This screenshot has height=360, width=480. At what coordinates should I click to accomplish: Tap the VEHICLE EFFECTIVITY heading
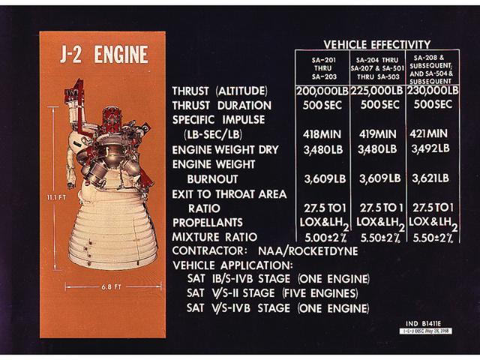(376, 44)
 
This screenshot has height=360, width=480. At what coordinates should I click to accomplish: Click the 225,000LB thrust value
(376, 91)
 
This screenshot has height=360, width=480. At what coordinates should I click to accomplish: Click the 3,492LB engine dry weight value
(430, 149)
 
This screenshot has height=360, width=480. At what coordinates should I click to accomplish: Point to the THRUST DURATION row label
(221, 106)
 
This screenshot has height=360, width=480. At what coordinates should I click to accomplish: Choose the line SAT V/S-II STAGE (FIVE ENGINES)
(265, 293)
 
